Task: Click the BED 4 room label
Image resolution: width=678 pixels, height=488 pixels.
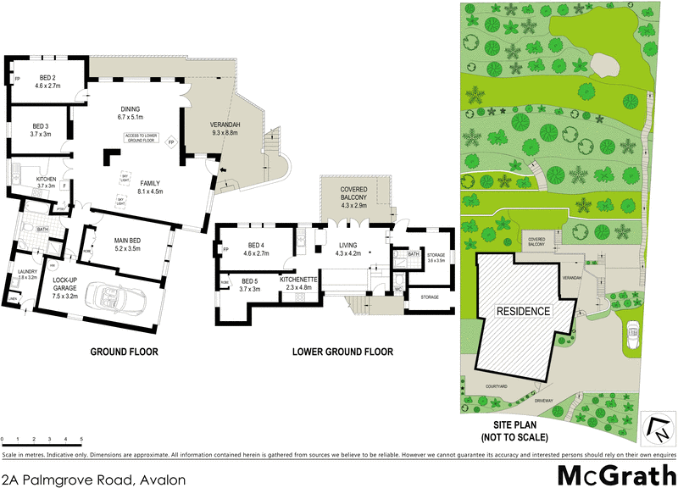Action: pos(255,248)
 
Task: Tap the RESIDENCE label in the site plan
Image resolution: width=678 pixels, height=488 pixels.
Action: pos(524,311)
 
